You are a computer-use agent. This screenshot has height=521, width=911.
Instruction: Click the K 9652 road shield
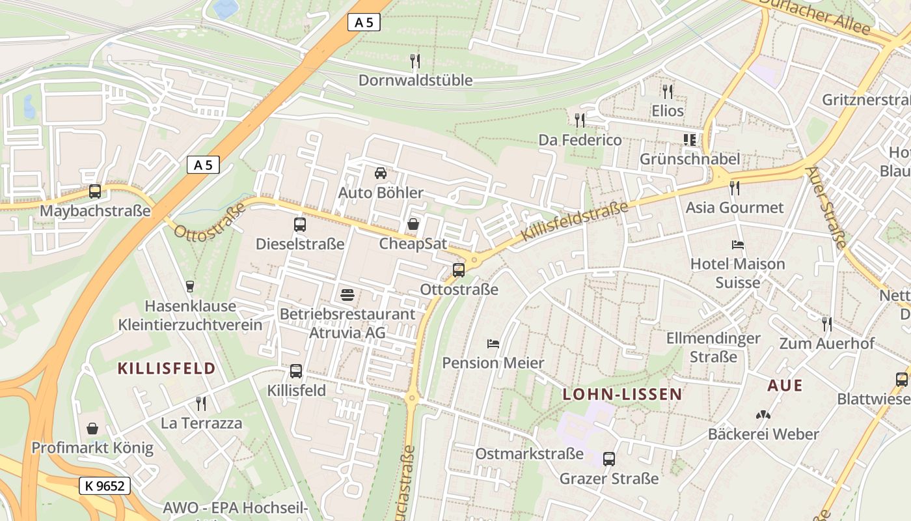[105, 485]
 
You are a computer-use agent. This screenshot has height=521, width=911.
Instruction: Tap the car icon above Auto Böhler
[381, 173]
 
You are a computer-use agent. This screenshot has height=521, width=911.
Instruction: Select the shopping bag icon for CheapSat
[413, 225]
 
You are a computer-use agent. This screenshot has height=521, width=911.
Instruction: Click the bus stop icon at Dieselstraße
[300, 225]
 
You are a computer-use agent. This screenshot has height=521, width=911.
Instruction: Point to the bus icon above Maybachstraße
[95, 191]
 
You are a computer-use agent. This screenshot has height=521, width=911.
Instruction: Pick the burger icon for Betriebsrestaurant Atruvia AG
[347, 294]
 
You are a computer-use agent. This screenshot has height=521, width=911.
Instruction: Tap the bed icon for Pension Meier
[493, 343]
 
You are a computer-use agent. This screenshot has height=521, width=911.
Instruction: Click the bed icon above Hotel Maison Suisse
[738, 245]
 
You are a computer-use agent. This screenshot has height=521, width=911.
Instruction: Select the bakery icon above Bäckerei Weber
[763, 414]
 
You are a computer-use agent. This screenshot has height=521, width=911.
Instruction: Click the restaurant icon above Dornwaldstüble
[415, 61]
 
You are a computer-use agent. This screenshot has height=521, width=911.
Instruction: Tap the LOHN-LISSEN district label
[622, 394]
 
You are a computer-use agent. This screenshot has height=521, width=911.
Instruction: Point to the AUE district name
[785, 385]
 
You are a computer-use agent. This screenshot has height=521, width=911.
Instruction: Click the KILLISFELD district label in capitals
[166, 369]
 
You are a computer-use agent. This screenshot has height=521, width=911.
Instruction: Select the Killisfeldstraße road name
[575, 221]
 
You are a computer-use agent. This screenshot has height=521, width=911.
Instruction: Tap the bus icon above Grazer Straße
[609, 459]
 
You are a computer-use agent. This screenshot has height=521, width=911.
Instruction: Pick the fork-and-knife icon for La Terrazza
[201, 404]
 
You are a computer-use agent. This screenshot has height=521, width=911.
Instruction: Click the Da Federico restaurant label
[580, 140]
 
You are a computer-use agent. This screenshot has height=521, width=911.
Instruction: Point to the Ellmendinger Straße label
[713, 347]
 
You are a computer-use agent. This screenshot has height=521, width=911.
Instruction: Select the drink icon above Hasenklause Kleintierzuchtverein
[190, 286]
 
